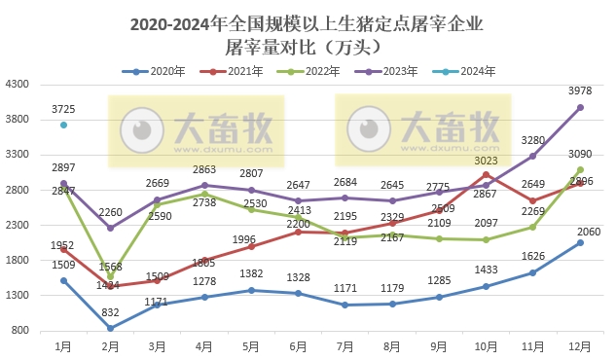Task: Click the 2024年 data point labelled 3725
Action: pos(63,125)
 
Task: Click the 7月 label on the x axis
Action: pos(346,345)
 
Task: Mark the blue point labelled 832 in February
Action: pos(110,328)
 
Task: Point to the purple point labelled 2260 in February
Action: pos(110,228)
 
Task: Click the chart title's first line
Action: pos(307,23)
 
